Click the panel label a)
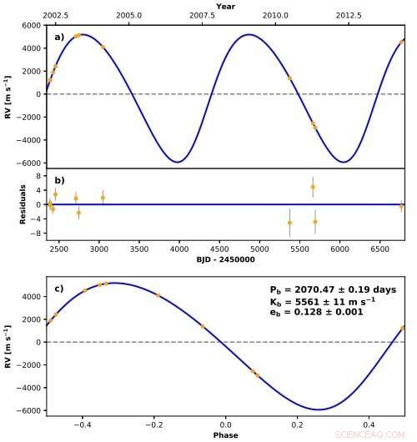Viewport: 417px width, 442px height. tap(59, 37)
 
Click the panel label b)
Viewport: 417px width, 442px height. tap(59, 180)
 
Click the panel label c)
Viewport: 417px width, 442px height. tap(59, 289)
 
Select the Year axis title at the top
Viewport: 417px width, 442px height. tap(225, 6)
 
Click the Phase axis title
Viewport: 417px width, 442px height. tap(225, 434)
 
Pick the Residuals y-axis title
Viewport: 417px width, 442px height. tap(25, 204)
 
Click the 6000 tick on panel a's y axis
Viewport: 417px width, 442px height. tap(31, 26)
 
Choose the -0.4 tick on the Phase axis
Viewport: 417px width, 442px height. tap(83, 424)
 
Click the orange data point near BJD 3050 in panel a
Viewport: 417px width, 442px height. tap(103, 47)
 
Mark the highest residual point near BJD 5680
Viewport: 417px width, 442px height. tap(313, 187)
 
